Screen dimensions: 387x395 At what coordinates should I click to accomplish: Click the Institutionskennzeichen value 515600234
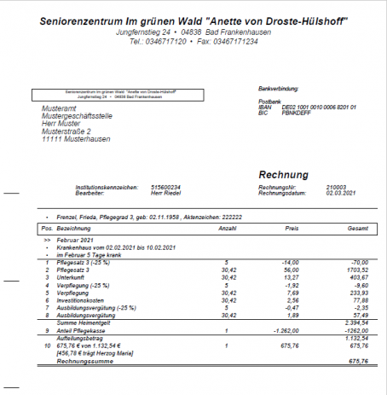(165, 186)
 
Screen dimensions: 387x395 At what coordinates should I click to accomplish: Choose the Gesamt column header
(358, 229)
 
